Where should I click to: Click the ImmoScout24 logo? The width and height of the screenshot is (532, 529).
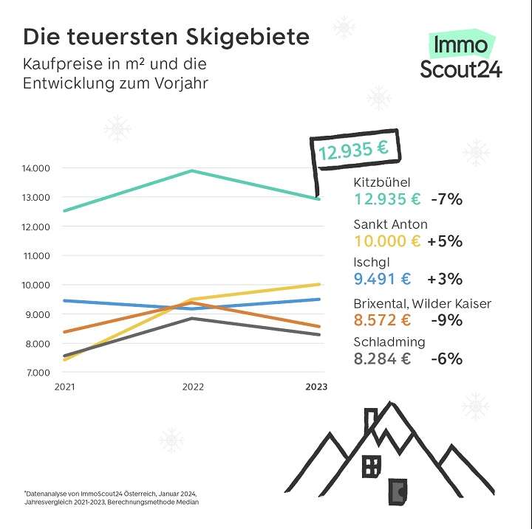point(461,54)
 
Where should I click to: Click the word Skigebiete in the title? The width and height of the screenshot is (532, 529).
point(248,37)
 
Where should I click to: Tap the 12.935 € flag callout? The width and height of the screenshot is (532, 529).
point(355,149)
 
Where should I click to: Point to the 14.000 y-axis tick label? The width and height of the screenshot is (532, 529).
point(35,168)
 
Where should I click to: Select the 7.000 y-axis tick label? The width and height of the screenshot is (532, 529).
point(38,373)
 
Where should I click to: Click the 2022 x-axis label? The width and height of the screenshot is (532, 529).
point(193,387)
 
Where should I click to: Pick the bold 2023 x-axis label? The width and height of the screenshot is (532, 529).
point(316,387)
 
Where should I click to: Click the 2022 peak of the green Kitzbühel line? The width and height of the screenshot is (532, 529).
point(192,170)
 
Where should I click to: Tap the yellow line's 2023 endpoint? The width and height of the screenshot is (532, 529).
point(318,284)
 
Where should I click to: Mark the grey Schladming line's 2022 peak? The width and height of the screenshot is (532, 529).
point(192,318)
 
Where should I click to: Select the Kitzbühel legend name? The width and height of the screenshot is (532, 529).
point(382,182)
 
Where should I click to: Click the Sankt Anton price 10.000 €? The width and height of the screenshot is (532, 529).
point(387,241)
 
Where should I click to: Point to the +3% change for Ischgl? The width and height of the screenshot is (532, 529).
point(445,279)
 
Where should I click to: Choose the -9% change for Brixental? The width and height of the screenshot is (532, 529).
point(446,320)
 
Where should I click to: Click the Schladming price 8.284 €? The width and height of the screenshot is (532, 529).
point(382,359)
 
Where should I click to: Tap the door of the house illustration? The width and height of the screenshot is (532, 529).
point(398,491)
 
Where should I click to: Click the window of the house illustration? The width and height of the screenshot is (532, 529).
point(372,466)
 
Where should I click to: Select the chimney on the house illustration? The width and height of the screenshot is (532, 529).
point(370,422)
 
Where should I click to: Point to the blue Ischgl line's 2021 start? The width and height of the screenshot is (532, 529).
point(65,300)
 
